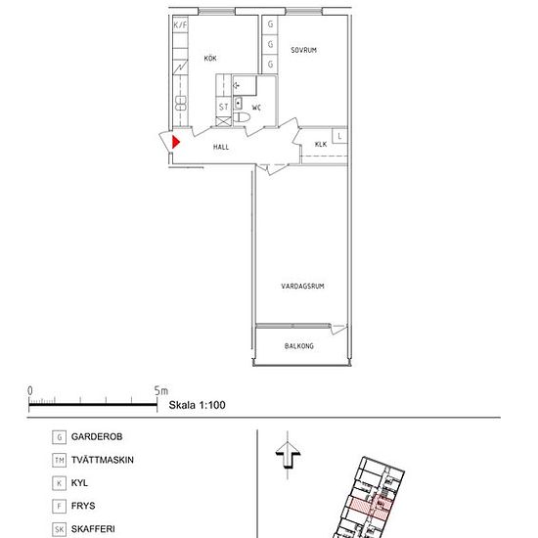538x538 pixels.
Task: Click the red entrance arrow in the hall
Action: pos(176,142)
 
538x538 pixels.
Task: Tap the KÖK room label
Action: pos(210,59)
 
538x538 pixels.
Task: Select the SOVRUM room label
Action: pos(303,50)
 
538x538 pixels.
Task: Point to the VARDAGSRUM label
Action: pos(302,287)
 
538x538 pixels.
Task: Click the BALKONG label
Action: pos(299,346)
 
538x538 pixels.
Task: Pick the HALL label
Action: pos(221,147)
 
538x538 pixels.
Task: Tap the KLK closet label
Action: pos(321,145)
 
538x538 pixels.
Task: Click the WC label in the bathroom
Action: pos(256,108)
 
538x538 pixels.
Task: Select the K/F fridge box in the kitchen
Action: pos(181,24)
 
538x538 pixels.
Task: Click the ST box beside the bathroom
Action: pos(223,107)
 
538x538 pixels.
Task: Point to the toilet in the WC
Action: pos(242,117)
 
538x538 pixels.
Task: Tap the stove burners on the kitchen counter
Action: pos(181,104)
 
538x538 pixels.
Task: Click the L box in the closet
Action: pos(339,136)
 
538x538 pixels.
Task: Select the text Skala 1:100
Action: pos(197,405)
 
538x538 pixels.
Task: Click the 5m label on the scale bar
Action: pos(161,391)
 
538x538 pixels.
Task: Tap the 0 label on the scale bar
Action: pos(30,391)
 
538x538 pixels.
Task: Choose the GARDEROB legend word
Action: pos(97,437)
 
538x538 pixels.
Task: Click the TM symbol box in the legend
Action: pos(60,460)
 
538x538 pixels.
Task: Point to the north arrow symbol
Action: pos(288,455)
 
